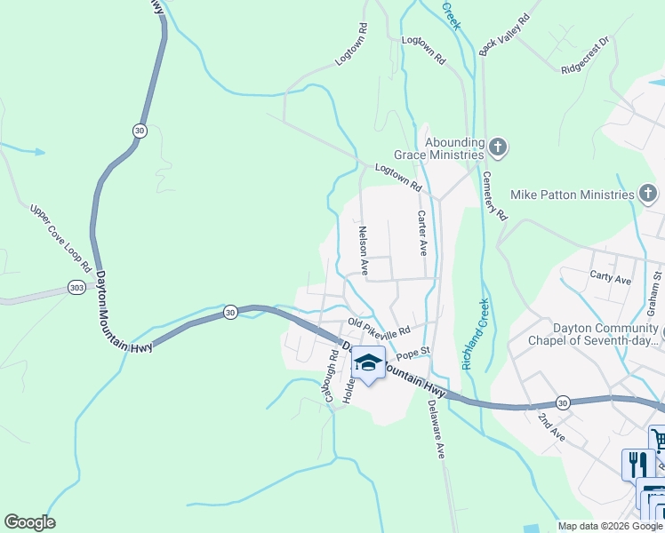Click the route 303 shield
tap(76, 288)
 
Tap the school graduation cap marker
tap(368, 362)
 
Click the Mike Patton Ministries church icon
tap(648, 194)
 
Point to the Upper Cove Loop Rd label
tap(61, 238)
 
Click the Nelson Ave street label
tap(363, 250)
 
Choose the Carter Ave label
tap(423, 234)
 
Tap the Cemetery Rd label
tap(496, 196)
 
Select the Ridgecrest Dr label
tap(585, 55)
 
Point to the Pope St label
tap(413, 354)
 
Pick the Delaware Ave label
tap(435, 428)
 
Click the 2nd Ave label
tap(551, 427)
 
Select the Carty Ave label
tap(610, 278)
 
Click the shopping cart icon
tap(659, 440)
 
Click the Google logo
tap(29, 522)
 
